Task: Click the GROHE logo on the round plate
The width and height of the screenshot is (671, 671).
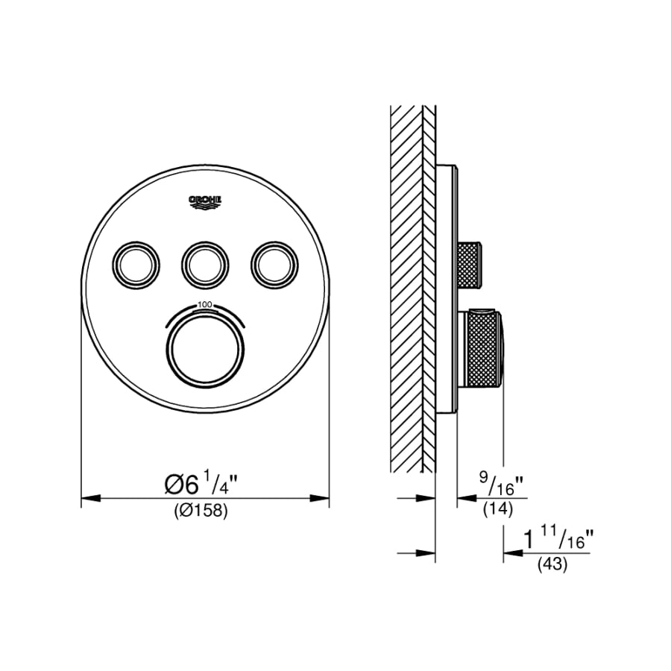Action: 205,201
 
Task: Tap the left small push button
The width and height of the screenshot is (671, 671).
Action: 137,262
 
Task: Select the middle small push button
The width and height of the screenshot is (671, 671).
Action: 205,262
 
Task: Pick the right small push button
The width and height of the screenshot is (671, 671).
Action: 274,262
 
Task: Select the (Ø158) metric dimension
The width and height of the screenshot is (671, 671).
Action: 200,511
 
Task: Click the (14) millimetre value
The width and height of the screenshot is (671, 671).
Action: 496,509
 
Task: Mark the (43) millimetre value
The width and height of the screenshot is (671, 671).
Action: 552,565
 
